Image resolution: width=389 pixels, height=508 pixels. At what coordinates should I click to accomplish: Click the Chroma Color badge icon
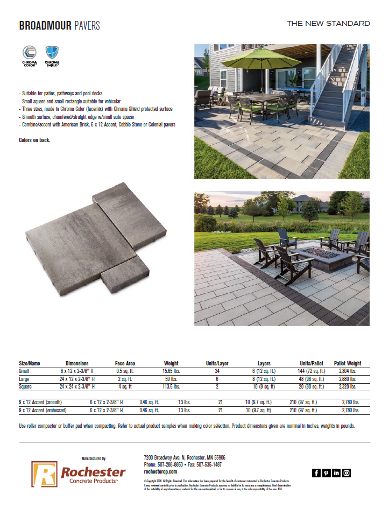pyautogui.click(x=29, y=54)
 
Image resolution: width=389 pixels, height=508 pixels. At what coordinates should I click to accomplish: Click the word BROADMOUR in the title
pyautogui.click(x=45, y=26)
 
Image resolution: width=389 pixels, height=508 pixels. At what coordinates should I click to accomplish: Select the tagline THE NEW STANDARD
pyautogui.click(x=328, y=24)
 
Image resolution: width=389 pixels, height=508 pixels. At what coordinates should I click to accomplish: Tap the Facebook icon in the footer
pyautogui.click(x=316, y=473)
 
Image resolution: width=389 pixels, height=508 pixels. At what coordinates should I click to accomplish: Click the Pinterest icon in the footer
pyautogui.click(x=326, y=473)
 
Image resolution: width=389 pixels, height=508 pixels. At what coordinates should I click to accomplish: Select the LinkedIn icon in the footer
pyautogui.click(x=336, y=473)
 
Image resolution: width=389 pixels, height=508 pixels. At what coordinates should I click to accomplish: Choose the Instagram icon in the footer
pyautogui.click(x=346, y=473)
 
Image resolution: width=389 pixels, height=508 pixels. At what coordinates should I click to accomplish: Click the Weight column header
pyautogui.click(x=171, y=363)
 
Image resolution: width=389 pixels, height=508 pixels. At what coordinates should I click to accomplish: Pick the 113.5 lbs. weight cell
pyautogui.click(x=171, y=386)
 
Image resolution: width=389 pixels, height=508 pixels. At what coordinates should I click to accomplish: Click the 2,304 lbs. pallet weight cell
pyautogui.click(x=347, y=371)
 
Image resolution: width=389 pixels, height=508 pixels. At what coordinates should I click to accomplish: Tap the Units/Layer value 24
pyautogui.click(x=217, y=371)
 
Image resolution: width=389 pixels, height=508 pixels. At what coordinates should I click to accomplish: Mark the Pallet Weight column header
pyautogui.click(x=347, y=363)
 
